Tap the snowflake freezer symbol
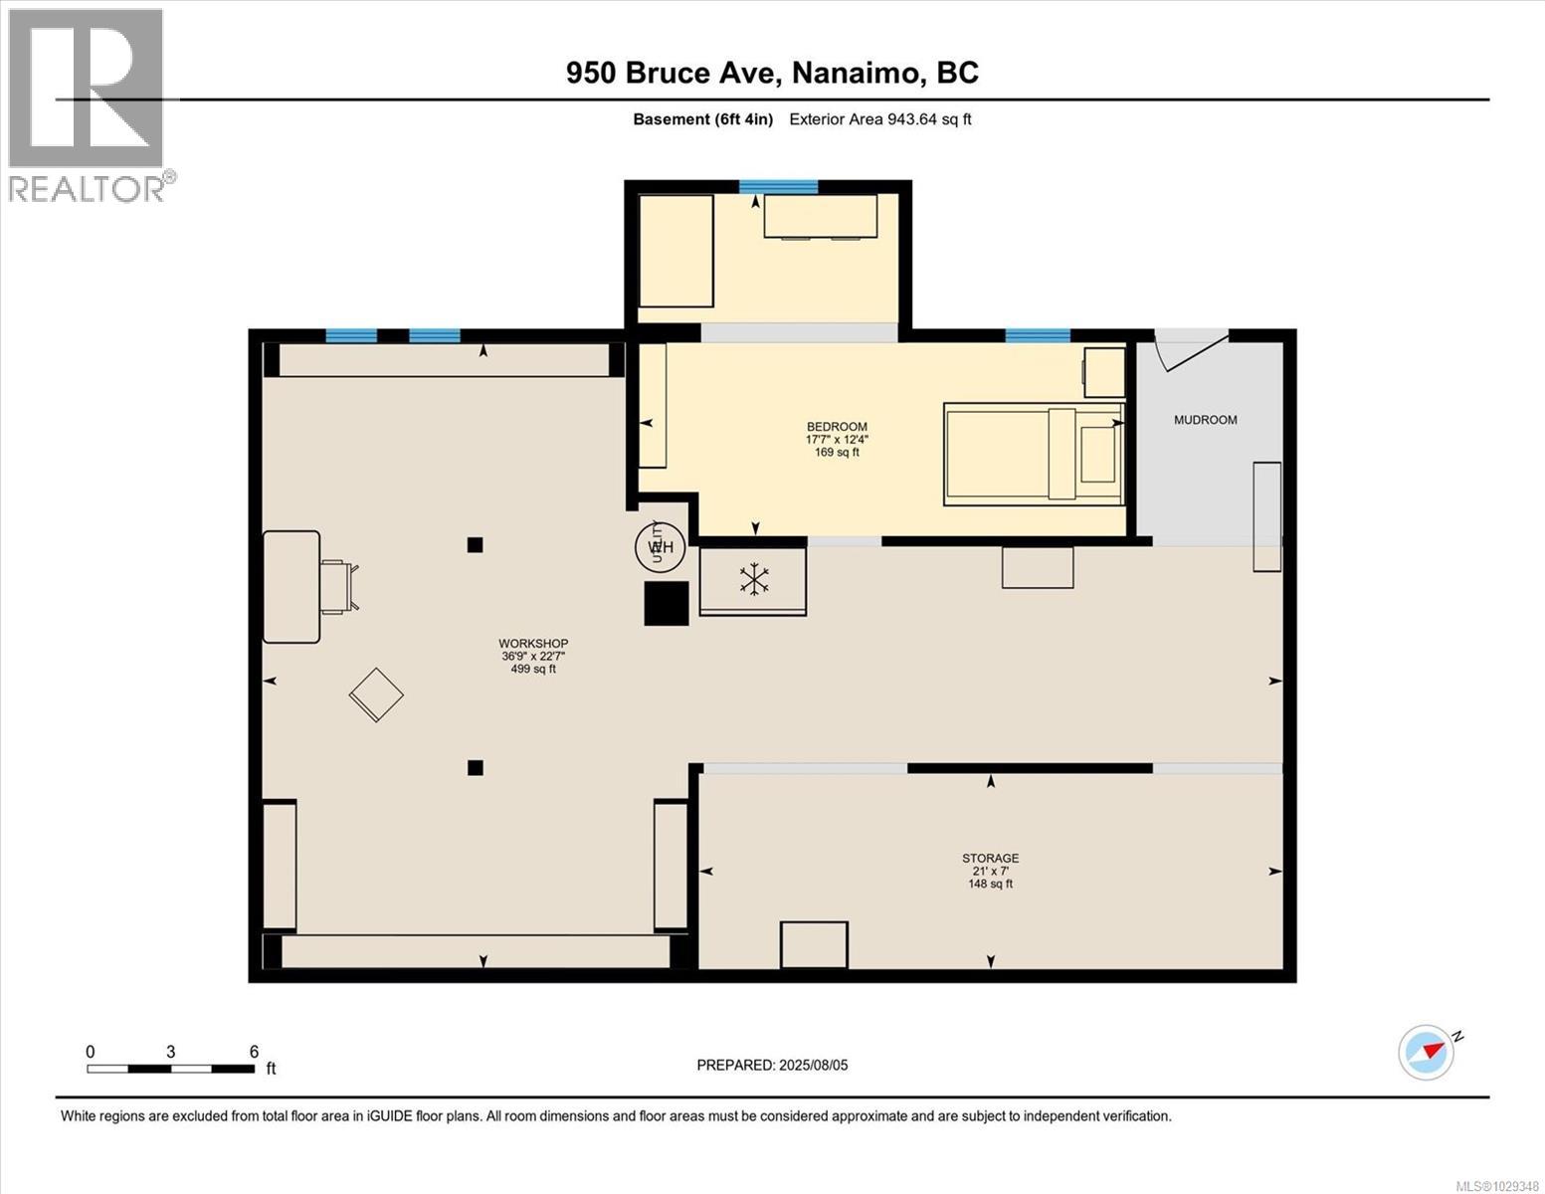pyautogui.click(x=754, y=580)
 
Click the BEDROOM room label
pyautogui.click(x=837, y=427)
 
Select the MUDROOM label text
pyautogui.click(x=1205, y=420)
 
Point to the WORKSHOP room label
pyautogui.click(x=533, y=644)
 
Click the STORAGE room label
pyautogui.click(x=990, y=858)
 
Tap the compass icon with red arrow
pyautogui.click(x=1427, y=1052)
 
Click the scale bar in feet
pyautogui.click(x=170, y=1069)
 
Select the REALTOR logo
pyautogui.click(x=88, y=103)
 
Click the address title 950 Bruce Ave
pyautogui.click(x=772, y=73)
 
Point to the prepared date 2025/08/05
pyautogui.click(x=772, y=1065)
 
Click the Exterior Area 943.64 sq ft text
pyautogui.click(x=879, y=119)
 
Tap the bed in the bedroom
pyautogui.click(x=1033, y=454)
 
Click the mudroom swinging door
pyautogui.click(x=1190, y=349)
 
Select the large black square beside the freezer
pyautogui.click(x=667, y=603)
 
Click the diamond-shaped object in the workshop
pyautogui.click(x=376, y=695)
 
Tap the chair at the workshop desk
pyautogui.click(x=338, y=586)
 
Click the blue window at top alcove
pyautogui.click(x=778, y=186)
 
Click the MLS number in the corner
pyautogui.click(x=1496, y=1185)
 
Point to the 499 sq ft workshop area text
pyautogui.click(x=533, y=670)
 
